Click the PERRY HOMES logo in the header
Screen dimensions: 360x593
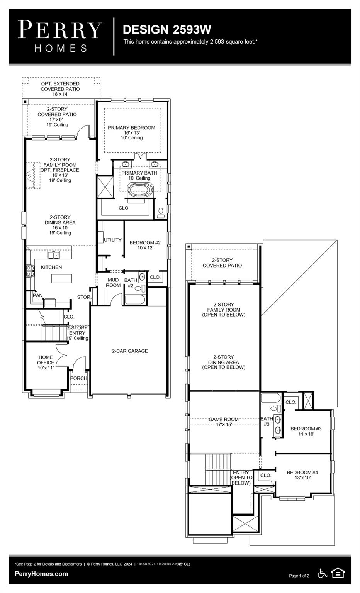[60, 36]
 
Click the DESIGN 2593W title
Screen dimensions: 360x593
[167, 30]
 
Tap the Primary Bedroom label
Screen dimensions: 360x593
[131, 128]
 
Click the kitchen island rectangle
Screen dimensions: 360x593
[61, 278]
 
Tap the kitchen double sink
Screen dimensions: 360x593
[54, 255]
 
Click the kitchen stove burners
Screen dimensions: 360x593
[30, 271]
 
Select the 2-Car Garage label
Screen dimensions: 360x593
[130, 351]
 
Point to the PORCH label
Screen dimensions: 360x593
[78, 378]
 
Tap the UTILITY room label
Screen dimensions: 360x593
[112, 240]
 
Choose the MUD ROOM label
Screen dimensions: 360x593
[113, 283]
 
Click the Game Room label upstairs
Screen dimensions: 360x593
[224, 419]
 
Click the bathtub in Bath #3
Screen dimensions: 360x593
[270, 398]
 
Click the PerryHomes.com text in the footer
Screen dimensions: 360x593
[41, 574]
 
